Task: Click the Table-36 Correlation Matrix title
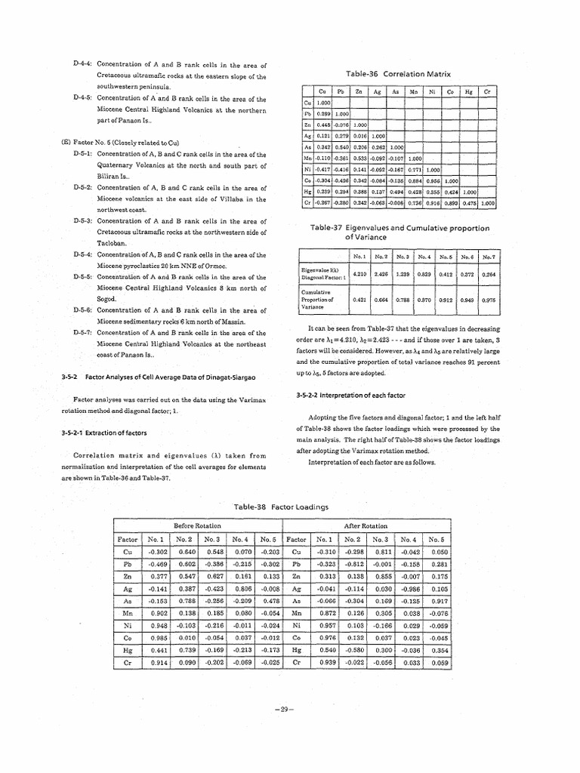tap(397, 74)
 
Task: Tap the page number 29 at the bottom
tap(285, 710)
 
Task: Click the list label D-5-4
tap(82, 254)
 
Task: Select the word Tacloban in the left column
tap(111, 244)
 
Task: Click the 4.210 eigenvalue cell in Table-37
tap(359, 274)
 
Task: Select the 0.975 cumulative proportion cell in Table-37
tap(489, 300)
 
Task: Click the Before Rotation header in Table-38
tap(197, 525)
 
